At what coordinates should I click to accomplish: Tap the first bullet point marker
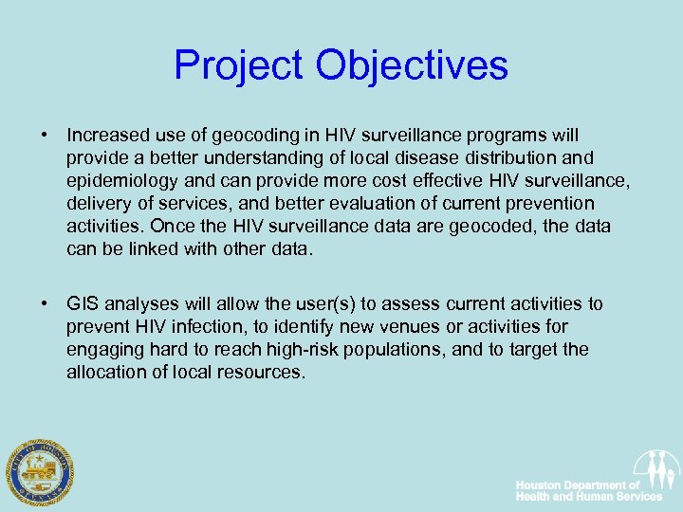(x=45, y=136)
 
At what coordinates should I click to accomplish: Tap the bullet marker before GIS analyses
(x=45, y=304)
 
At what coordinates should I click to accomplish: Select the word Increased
(x=106, y=136)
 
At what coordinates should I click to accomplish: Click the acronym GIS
(x=83, y=304)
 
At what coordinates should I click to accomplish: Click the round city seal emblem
(x=38, y=471)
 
